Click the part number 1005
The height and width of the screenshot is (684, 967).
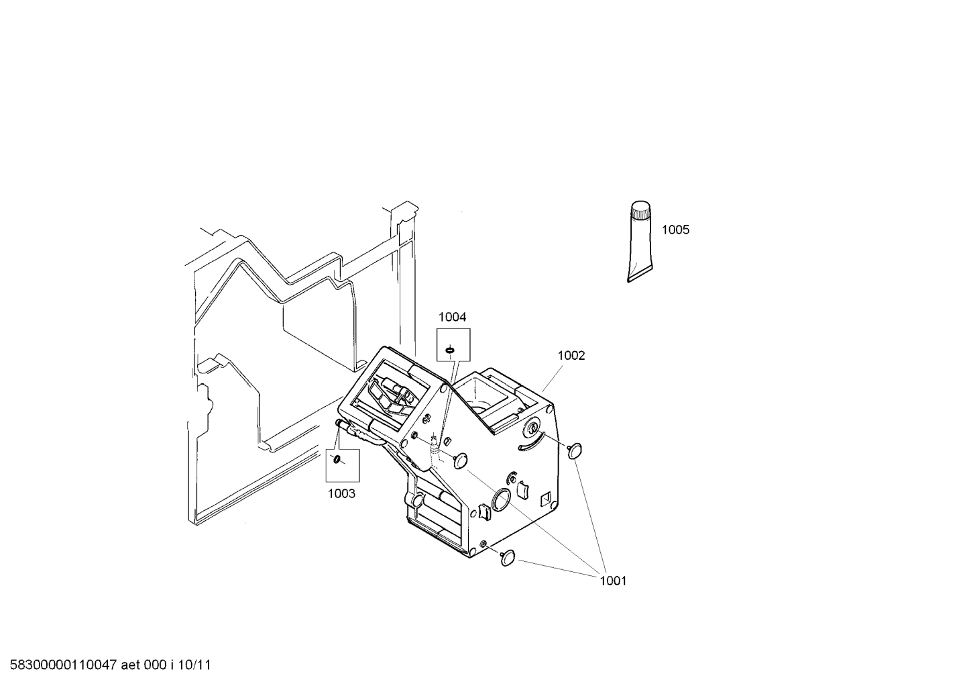[675, 230]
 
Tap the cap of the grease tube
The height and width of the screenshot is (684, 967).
[640, 210]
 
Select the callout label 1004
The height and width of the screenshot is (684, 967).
[452, 317]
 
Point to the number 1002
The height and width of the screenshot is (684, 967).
[571, 356]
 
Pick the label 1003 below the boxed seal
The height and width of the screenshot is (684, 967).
[341, 494]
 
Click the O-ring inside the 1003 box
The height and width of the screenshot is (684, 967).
[338, 460]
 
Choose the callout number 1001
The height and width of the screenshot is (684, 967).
[612, 581]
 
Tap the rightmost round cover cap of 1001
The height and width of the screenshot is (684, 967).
[575, 450]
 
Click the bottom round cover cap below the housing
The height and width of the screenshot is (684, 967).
[508, 556]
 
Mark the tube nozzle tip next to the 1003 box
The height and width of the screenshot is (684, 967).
[340, 422]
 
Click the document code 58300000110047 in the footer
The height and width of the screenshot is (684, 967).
[60, 665]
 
